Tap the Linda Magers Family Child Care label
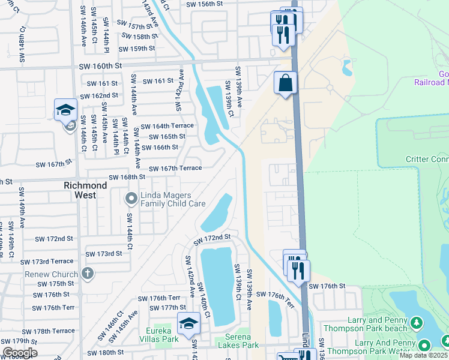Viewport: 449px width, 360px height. point(173,200)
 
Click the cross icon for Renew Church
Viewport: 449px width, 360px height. point(88,274)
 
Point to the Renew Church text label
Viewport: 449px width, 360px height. point(56,275)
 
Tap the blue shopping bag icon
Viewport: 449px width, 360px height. point(286,82)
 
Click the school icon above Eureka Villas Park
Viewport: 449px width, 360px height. point(188,322)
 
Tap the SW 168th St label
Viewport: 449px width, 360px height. point(127,177)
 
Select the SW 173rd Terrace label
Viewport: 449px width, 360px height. point(47,262)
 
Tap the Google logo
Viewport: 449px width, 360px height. point(20,353)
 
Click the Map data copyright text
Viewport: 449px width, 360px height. point(423,356)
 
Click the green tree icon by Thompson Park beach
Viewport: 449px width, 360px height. point(415,325)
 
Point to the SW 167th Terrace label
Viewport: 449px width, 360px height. point(175,169)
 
